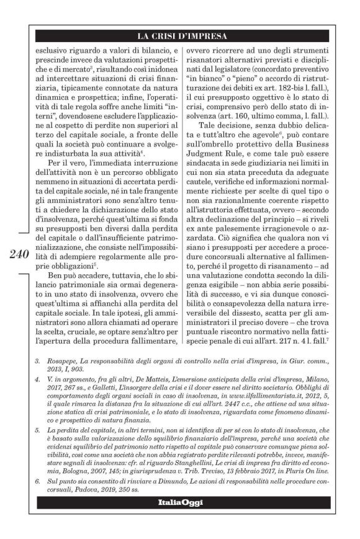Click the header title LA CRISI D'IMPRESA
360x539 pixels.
[x=180, y=35]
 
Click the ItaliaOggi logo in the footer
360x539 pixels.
[x=180, y=502]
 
